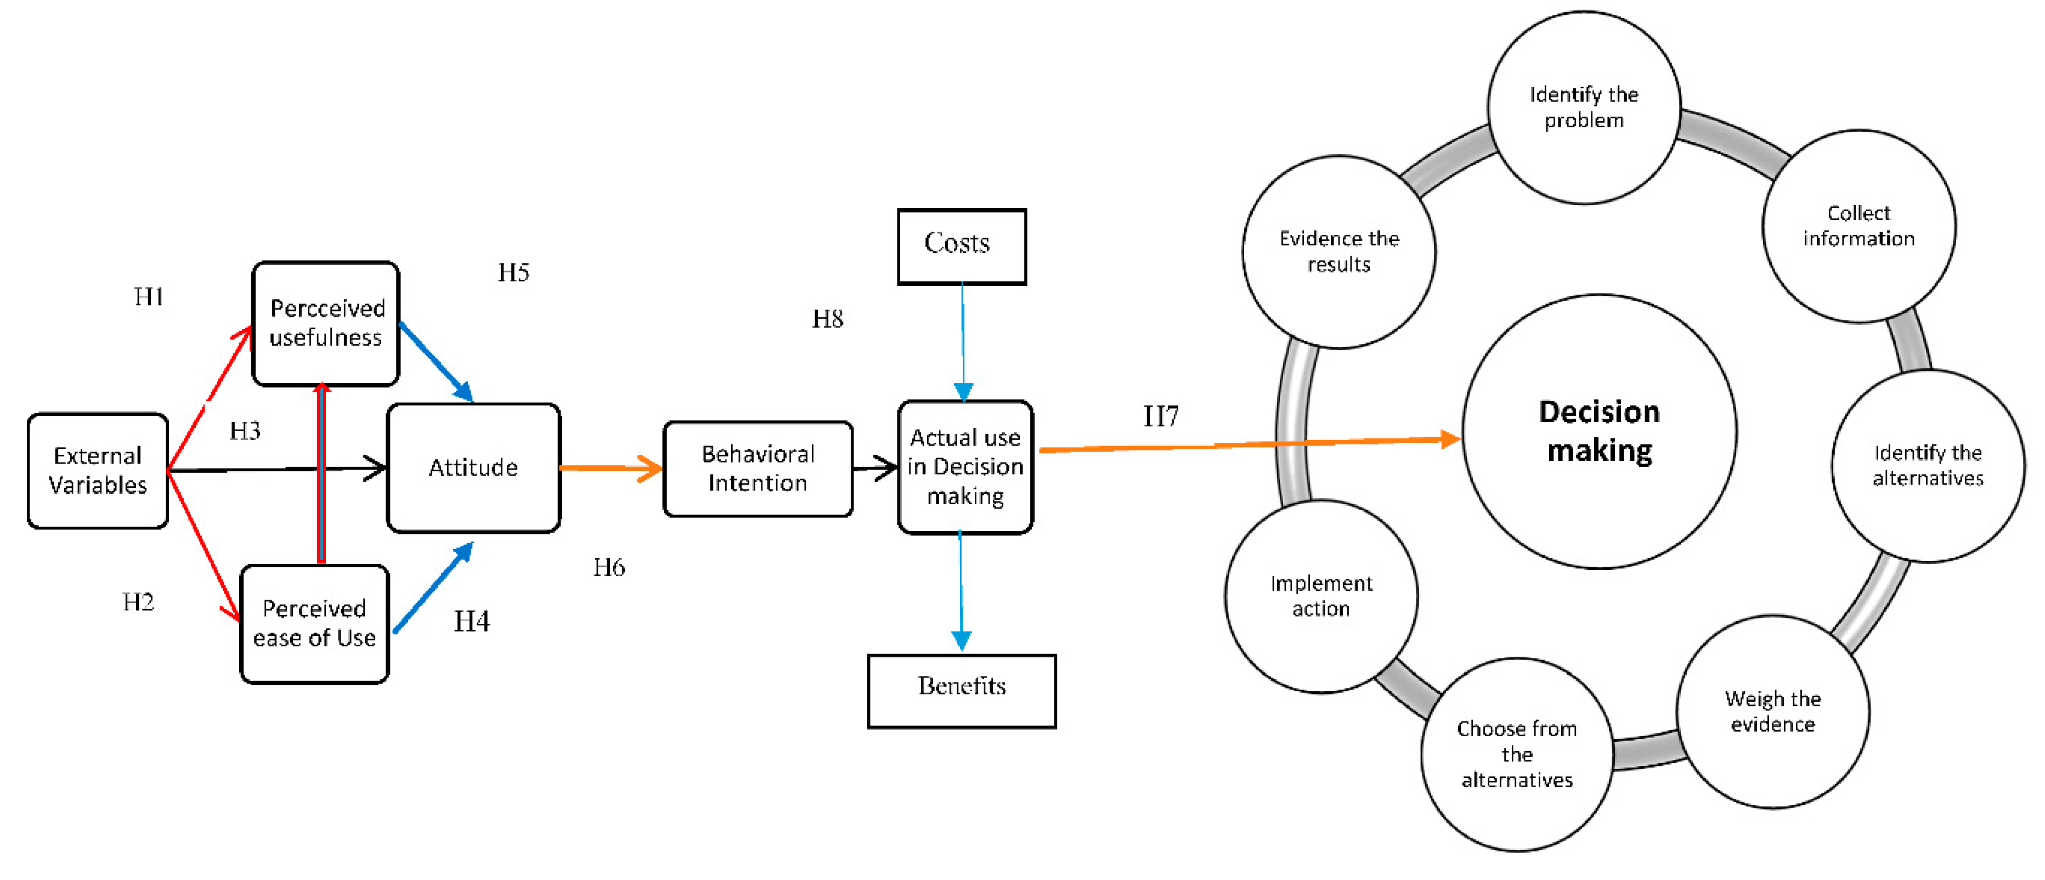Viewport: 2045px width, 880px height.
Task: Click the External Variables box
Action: pyautogui.click(x=98, y=470)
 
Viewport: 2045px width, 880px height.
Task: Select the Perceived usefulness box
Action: pyautogui.click(x=325, y=323)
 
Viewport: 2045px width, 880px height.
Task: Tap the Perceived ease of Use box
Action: pyautogui.click(x=314, y=623)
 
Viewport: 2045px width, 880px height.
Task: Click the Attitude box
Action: pyautogui.click(x=473, y=468)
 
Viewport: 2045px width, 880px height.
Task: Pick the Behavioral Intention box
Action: pyautogui.click(x=758, y=469)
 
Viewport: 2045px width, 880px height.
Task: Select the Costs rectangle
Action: pyautogui.click(x=962, y=245)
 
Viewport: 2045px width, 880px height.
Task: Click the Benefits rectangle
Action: pyautogui.click(x=962, y=690)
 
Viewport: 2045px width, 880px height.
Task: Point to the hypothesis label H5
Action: pyautogui.click(x=513, y=273)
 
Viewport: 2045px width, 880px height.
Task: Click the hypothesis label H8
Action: pyautogui.click(x=827, y=319)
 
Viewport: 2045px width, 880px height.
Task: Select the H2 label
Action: pyautogui.click(x=138, y=602)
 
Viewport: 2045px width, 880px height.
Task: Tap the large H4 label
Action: pyautogui.click(x=472, y=621)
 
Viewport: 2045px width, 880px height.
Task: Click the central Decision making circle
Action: pyautogui.click(x=1599, y=431)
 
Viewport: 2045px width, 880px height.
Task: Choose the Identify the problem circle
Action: pyautogui.click(x=1583, y=107)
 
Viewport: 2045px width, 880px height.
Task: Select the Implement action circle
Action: pyautogui.click(x=1321, y=596)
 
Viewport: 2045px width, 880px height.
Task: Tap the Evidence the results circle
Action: pyautogui.click(x=1338, y=252)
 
